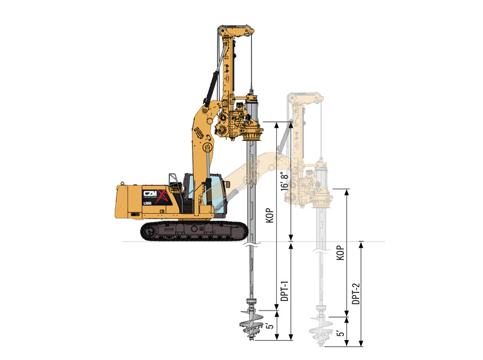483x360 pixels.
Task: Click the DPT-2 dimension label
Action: coord(356,294)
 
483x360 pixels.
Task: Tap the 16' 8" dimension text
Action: coord(285,181)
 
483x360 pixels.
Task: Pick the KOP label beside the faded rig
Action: coord(341,252)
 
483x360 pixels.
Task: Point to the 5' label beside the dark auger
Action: coord(270,325)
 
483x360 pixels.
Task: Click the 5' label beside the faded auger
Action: coord(340,333)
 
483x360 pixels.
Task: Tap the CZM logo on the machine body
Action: coord(150,193)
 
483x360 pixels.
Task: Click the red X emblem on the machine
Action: coord(162,197)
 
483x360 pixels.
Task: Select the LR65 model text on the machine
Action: coord(147,204)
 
